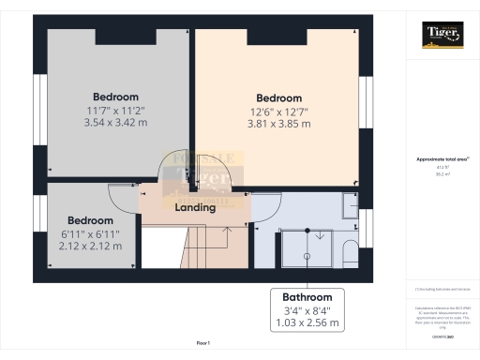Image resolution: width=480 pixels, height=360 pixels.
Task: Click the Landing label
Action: tap(196, 208)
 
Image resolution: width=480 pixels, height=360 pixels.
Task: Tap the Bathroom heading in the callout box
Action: tap(307, 293)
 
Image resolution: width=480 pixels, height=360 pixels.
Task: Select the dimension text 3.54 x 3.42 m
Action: tap(115, 122)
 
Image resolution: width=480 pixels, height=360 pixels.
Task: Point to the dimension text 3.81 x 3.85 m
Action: tap(278, 124)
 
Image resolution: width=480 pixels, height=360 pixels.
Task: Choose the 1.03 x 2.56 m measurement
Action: tap(307, 322)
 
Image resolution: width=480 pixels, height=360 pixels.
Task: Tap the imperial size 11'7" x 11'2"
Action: tap(115, 110)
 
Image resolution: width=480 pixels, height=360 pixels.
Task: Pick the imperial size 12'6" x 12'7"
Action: tap(278, 112)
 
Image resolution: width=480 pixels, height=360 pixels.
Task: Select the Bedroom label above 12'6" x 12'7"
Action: tap(278, 98)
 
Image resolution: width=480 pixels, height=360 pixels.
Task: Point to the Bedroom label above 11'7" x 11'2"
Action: tap(115, 97)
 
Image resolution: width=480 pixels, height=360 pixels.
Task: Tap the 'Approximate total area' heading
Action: tap(442, 160)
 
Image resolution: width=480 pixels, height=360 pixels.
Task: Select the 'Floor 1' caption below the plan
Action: tap(203, 344)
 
